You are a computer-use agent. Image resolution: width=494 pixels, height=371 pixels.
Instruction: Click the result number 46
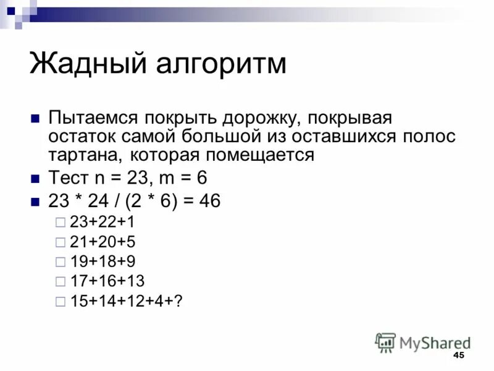tap(208, 202)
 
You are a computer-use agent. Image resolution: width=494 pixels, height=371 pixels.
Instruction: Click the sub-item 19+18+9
tap(99, 262)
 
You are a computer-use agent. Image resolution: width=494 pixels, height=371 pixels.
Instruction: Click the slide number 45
tap(458, 356)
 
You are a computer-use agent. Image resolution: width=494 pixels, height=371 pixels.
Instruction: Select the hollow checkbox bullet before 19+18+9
tap(59, 262)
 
